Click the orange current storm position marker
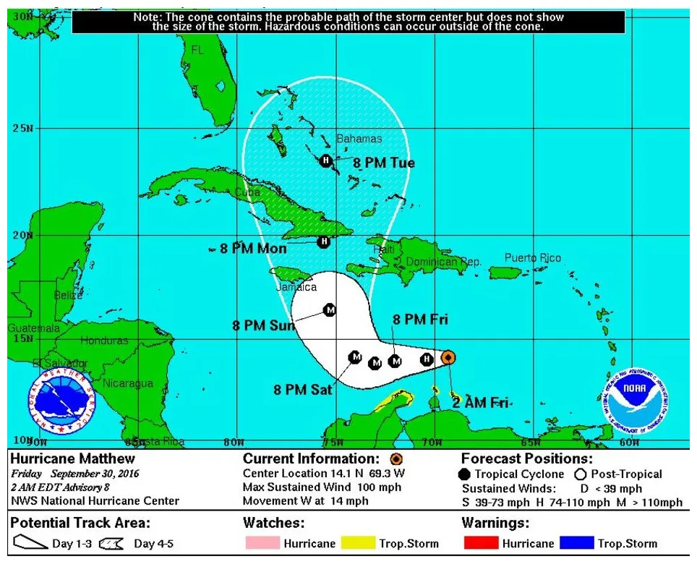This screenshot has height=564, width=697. [448, 357]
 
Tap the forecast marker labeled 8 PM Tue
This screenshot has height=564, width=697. [325, 161]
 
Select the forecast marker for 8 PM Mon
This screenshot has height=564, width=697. [324, 242]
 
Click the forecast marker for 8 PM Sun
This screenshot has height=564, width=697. [330, 309]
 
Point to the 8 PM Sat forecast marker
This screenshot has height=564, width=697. [355, 356]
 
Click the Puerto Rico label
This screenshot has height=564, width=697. [532, 257]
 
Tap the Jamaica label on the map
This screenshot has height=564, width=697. [296, 287]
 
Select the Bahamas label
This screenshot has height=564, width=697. [359, 138]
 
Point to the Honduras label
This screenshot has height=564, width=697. [104, 340]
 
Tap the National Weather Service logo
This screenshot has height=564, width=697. [62, 402]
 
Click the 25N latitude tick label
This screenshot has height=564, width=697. [22, 129]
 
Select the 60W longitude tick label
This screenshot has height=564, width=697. [629, 442]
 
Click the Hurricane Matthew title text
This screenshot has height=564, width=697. [62, 459]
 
